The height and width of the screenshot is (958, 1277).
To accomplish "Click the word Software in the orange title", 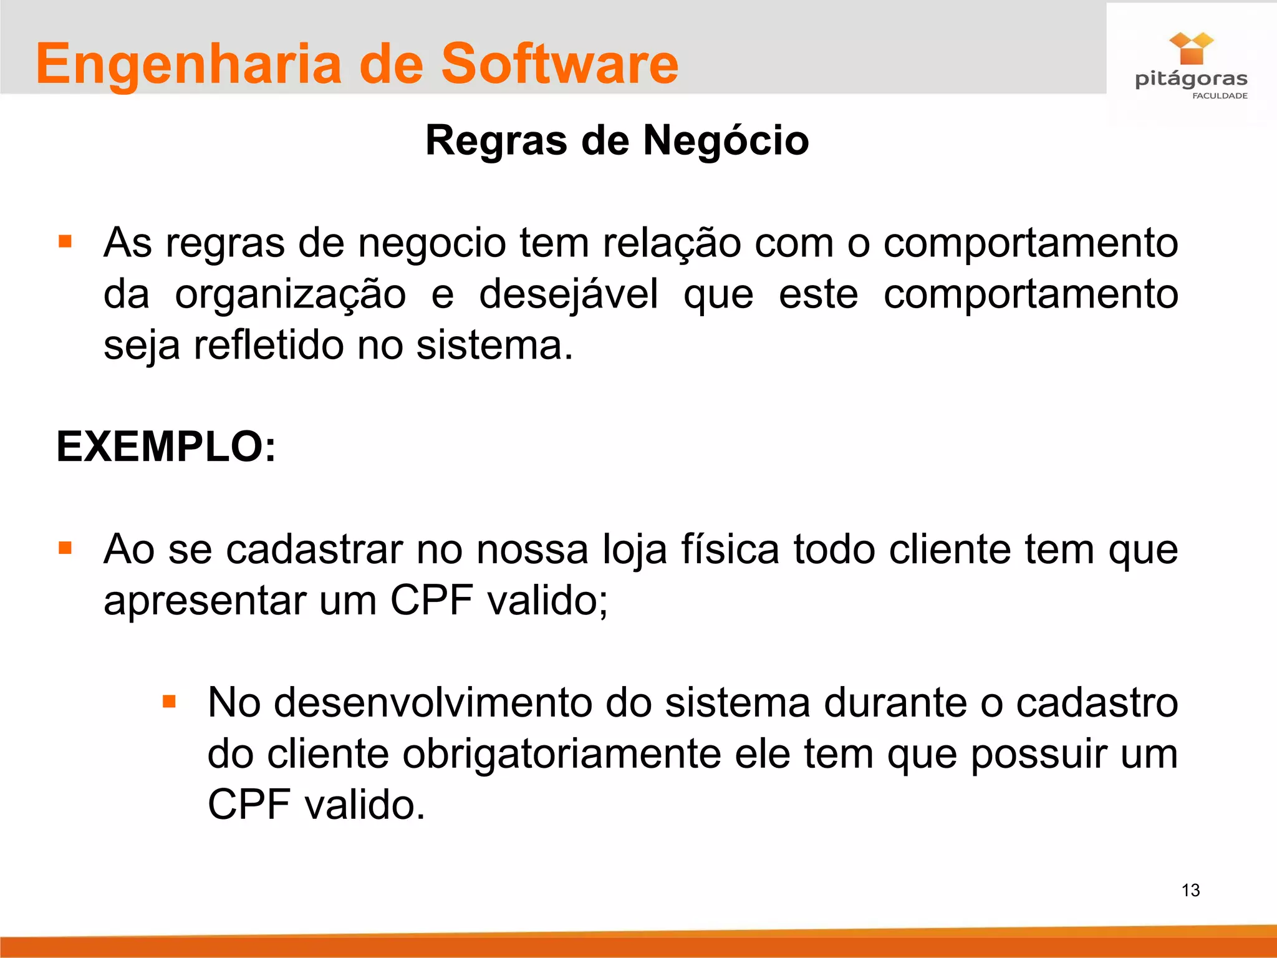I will [x=559, y=64].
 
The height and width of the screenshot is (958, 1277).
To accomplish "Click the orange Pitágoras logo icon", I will [x=1191, y=49].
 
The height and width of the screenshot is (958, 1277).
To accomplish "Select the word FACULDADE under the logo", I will [x=1220, y=96].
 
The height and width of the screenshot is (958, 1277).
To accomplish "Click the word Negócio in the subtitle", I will [x=726, y=140].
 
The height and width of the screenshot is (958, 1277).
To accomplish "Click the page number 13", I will [x=1190, y=890].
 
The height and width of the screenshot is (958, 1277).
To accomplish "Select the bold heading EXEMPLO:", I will [x=166, y=447].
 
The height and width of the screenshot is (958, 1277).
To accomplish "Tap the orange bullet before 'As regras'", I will [x=65, y=241].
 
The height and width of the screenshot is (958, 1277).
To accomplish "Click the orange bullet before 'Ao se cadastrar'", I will [x=65, y=548].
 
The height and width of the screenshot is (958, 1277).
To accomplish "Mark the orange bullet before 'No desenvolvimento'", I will [x=169, y=702].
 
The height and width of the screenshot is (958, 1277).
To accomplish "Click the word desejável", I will [x=568, y=294].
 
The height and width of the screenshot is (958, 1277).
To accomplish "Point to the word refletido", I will [x=268, y=345].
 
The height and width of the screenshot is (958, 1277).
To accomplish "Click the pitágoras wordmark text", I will [x=1191, y=79].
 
